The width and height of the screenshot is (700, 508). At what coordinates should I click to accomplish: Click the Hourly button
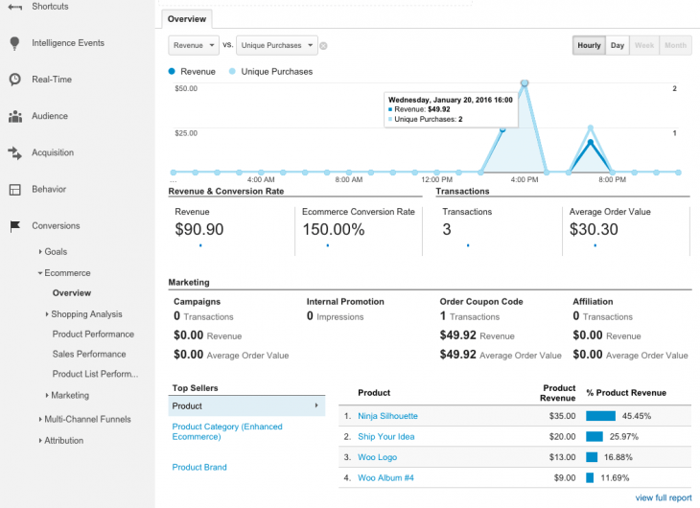coord(589,45)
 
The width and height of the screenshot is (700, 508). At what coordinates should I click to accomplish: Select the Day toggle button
coord(618,45)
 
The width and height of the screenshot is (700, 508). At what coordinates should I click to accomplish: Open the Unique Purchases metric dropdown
coord(278,45)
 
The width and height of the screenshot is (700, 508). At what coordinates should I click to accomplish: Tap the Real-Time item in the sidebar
coord(52,80)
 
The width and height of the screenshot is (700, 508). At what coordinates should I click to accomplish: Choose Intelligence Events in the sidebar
coord(67,43)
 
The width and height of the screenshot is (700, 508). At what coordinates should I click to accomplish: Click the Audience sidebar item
coord(50,116)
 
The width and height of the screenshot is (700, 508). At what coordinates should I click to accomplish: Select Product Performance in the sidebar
coord(93,335)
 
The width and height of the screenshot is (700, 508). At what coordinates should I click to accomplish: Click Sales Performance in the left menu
coord(89,355)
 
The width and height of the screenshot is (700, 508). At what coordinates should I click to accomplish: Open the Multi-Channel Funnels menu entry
coord(88,419)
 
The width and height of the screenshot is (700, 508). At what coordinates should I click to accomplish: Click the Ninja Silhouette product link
coord(387,416)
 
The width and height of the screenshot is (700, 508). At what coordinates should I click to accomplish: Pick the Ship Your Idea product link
coord(385,436)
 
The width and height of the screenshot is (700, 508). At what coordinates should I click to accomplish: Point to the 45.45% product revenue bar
coord(600,416)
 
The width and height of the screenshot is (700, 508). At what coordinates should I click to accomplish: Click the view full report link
coord(663,497)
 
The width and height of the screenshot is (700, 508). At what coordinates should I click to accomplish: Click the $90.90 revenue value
coord(199,229)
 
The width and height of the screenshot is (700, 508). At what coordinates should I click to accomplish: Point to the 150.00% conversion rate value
coord(333,229)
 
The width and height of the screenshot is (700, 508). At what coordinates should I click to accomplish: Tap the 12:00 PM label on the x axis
coord(436,179)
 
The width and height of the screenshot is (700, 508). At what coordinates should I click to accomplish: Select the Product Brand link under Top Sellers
coord(198,467)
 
